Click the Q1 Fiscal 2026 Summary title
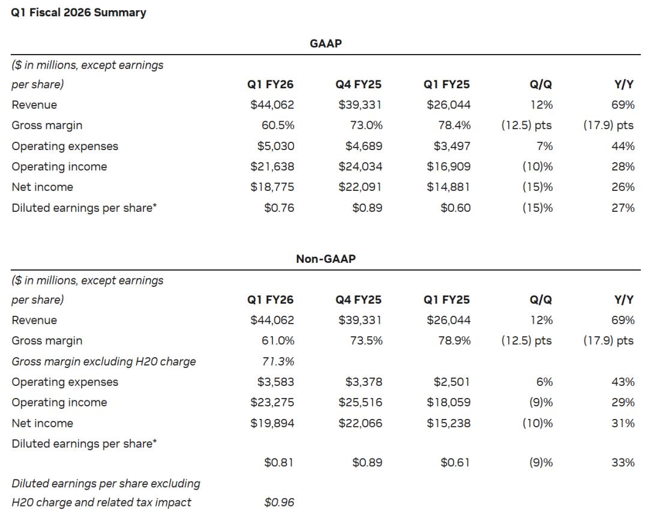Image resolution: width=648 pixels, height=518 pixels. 79,13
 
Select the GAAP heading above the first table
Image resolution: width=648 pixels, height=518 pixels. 326,43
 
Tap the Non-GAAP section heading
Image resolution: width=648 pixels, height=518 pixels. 326,259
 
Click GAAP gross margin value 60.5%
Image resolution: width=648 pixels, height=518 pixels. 278,125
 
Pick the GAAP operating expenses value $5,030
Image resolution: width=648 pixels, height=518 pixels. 275,146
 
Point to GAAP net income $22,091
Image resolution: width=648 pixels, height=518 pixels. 360,187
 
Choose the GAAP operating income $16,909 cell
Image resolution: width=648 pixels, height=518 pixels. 448,167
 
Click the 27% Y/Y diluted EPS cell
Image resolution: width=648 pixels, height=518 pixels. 623,208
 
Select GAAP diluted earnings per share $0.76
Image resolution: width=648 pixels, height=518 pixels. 279,208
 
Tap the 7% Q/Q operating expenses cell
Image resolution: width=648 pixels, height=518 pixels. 544,146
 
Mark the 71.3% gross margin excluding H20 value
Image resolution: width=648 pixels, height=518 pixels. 278,361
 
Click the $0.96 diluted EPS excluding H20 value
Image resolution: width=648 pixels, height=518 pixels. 279,502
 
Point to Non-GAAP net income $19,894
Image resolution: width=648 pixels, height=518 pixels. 272,423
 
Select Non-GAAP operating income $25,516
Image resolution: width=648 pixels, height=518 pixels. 360,402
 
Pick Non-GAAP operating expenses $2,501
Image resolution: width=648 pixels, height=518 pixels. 452,382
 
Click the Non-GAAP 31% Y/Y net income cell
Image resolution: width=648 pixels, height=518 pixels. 623,423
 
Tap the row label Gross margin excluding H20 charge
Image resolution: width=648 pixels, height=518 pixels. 104,362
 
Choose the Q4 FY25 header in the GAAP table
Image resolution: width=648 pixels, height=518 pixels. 358,85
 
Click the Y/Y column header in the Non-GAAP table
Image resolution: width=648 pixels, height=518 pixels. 623,300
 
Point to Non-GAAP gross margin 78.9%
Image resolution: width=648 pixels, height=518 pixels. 454,341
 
